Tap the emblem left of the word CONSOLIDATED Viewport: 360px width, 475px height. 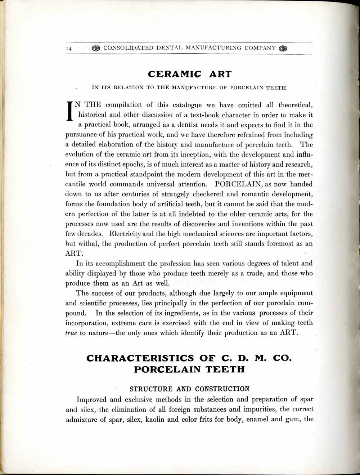click(96, 48)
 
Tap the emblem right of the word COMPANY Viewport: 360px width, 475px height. click(283, 49)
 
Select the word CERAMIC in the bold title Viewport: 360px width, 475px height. click(175, 74)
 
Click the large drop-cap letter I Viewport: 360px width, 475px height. click(70, 111)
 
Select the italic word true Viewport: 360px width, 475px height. click(71, 333)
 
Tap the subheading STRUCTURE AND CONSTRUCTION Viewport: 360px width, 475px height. click(189, 389)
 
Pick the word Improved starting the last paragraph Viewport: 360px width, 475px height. click(91, 399)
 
